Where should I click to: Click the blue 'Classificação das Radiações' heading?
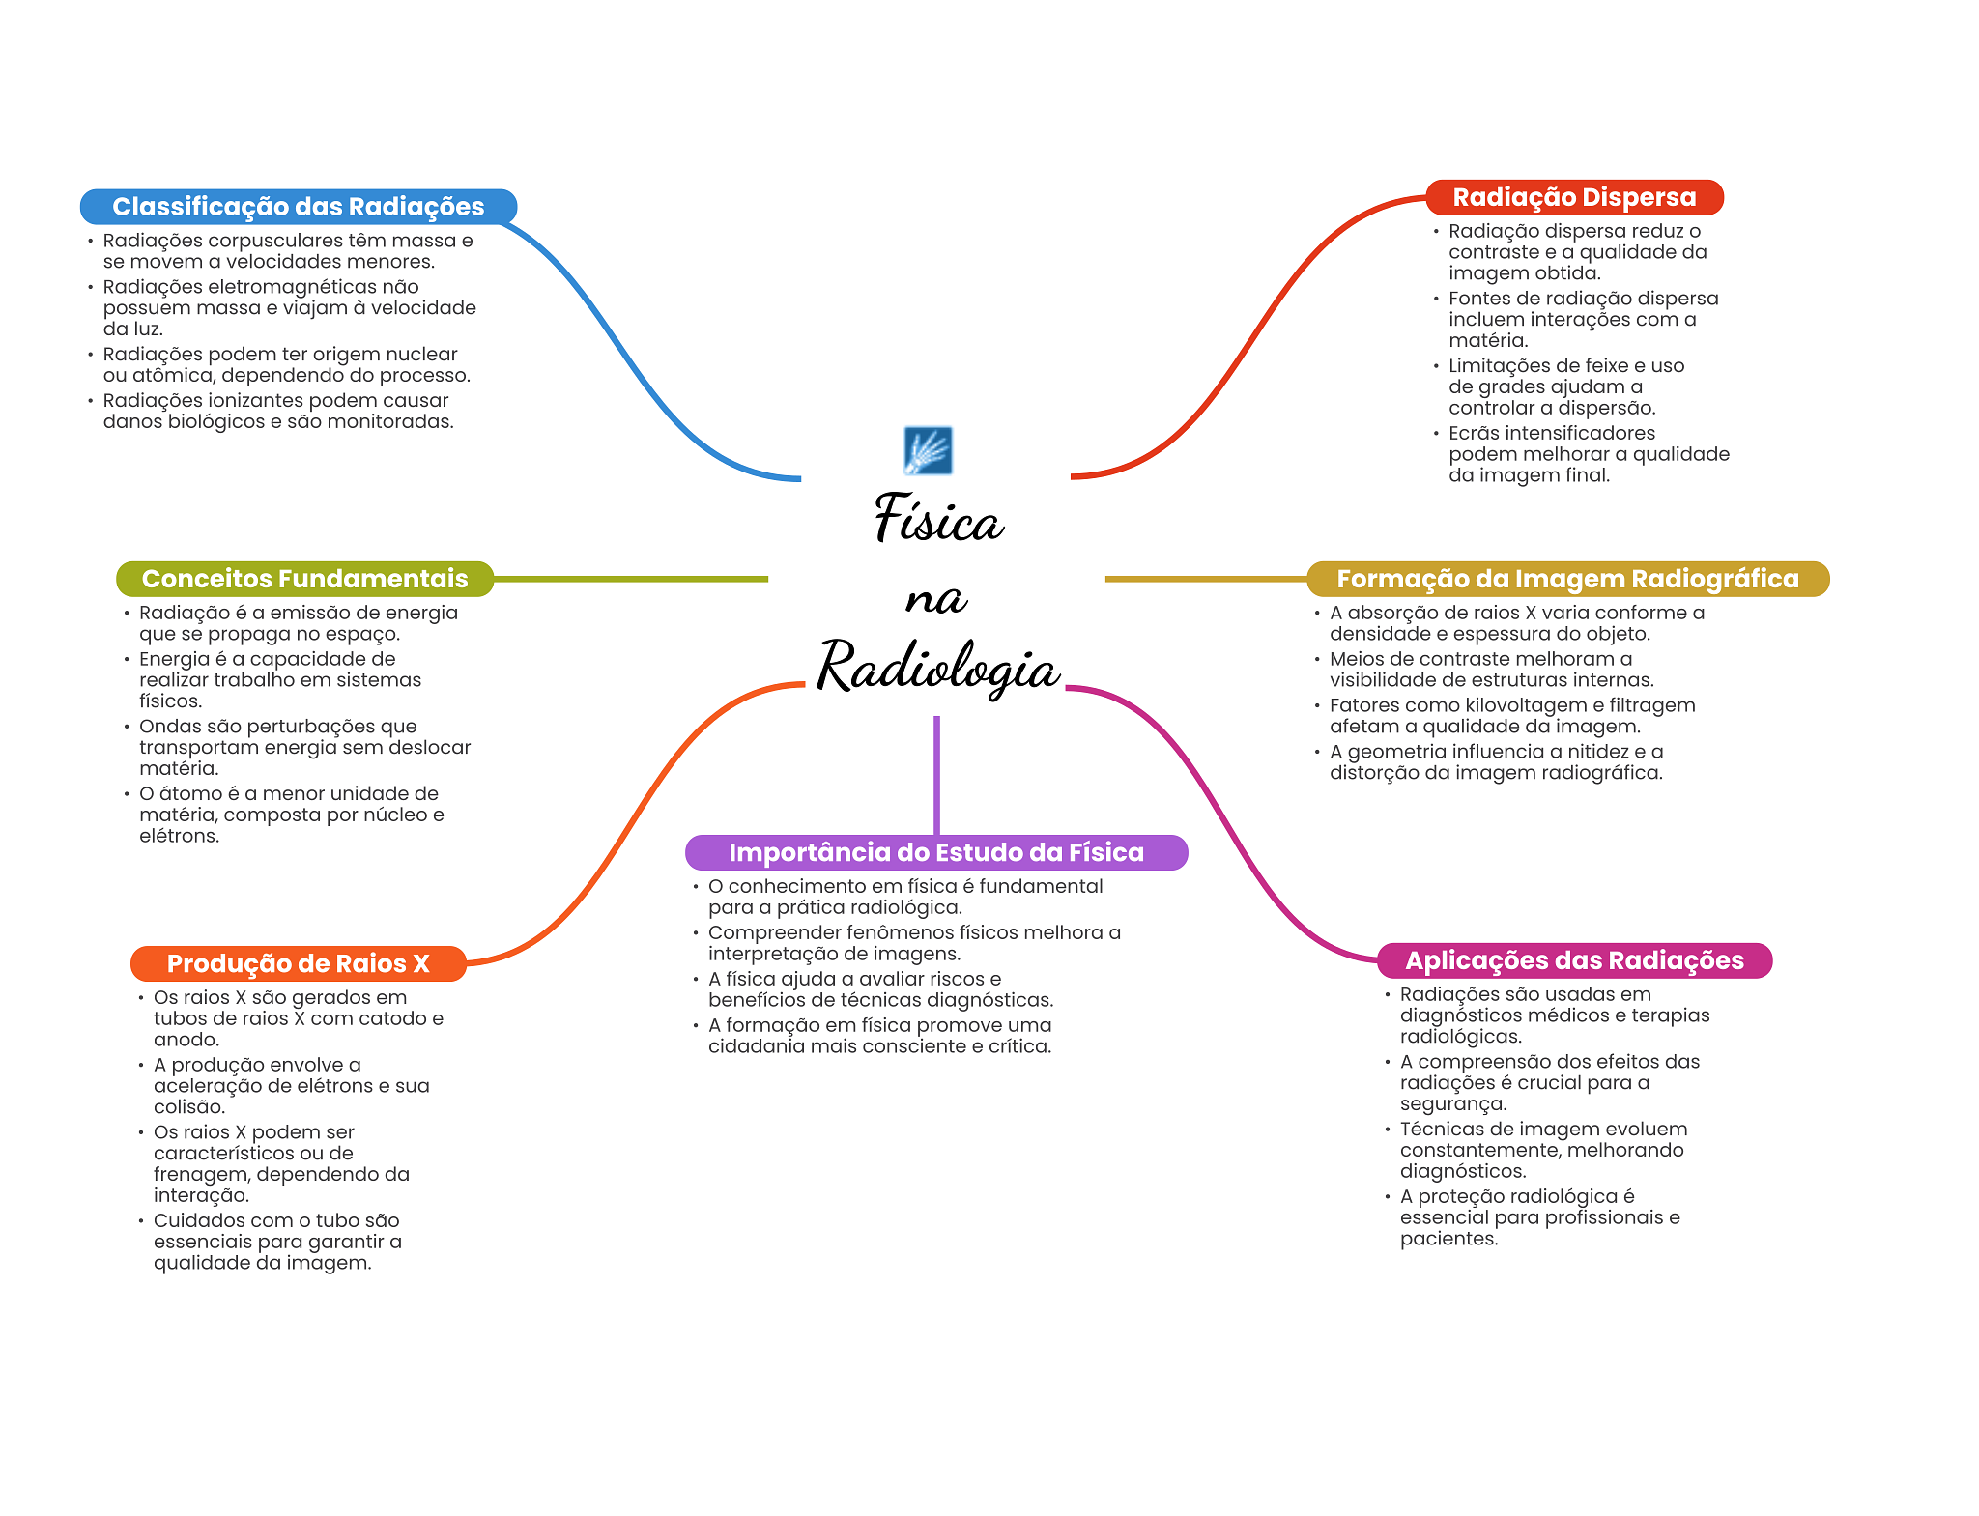[x=298, y=207]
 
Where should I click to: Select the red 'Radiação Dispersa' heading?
[x=1574, y=197]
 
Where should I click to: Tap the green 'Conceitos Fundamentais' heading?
[x=304, y=579]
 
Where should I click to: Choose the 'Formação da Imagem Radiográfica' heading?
[x=1567, y=579]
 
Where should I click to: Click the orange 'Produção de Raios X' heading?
[x=298, y=963]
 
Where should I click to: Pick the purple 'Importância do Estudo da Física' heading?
[x=935, y=852]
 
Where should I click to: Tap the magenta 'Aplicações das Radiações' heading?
[x=1574, y=960]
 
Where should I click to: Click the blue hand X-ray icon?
[x=928, y=451]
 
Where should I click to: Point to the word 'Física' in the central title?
[x=938, y=519]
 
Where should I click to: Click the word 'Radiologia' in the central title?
[x=938, y=668]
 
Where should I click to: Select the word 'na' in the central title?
[x=935, y=599]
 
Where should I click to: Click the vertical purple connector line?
[x=936, y=773]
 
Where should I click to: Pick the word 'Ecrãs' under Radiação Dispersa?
[x=1476, y=433]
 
